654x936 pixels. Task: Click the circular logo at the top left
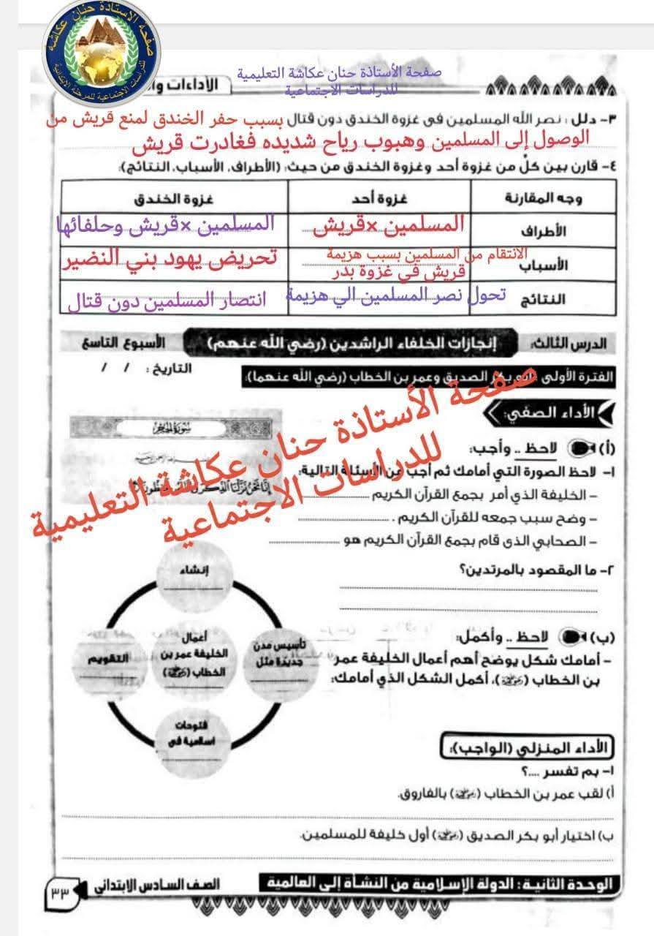[x=102, y=53]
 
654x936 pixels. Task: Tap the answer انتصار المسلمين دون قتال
[x=167, y=300]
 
